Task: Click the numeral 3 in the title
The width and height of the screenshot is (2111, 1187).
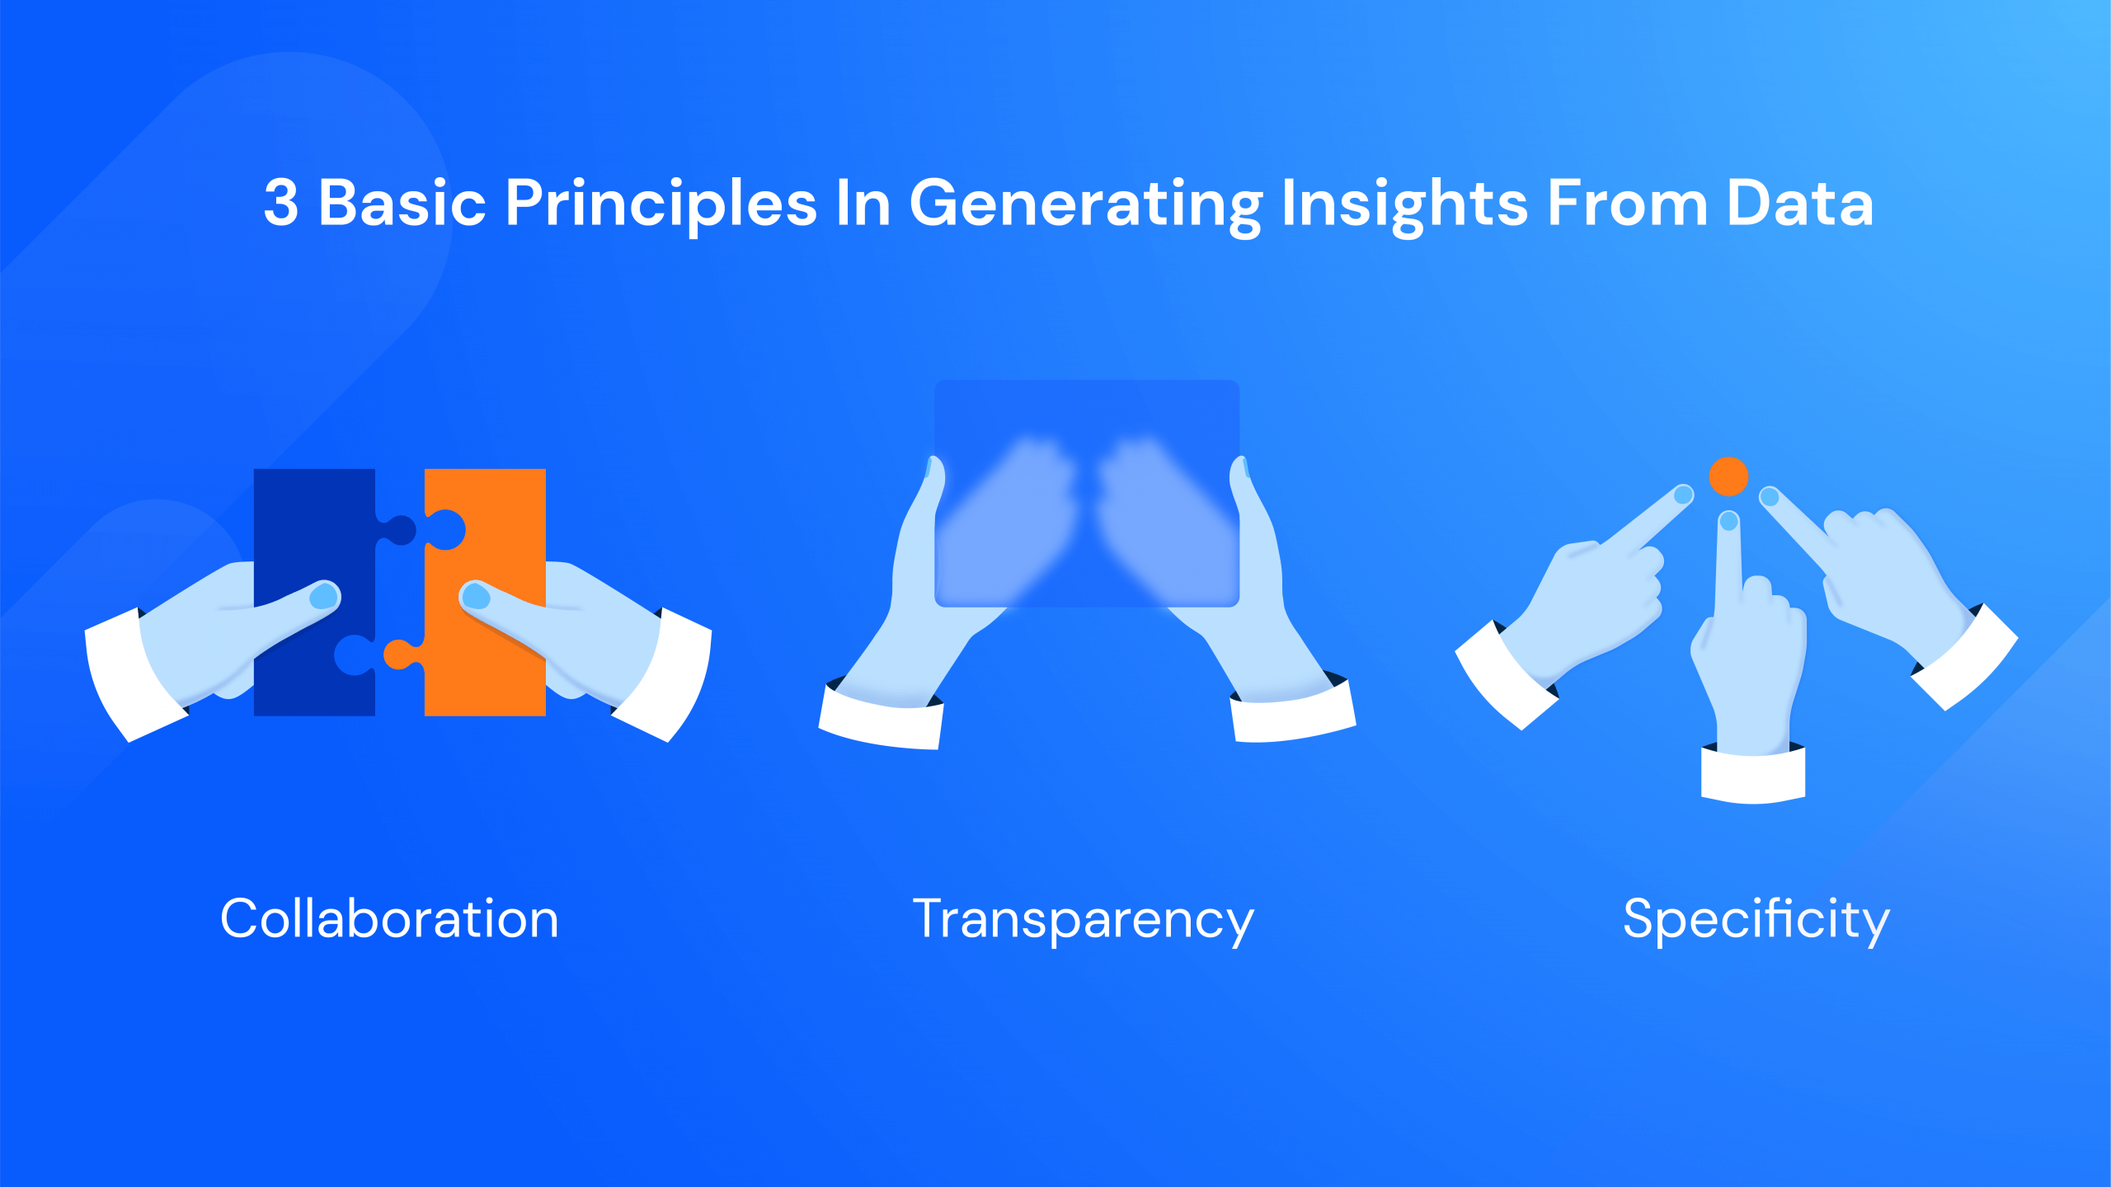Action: click(x=281, y=204)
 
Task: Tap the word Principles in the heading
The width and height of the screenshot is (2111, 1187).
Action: click(x=660, y=204)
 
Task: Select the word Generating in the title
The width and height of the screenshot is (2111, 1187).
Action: click(x=1085, y=204)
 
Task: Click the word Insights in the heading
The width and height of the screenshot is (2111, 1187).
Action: click(x=1404, y=204)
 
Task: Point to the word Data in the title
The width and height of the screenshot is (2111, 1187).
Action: click(x=1799, y=204)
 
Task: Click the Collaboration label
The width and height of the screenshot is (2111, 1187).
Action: click(x=389, y=918)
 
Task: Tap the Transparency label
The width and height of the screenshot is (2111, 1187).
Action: click(x=1083, y=920)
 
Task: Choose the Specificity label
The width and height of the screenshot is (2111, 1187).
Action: click(x=1756, y=920)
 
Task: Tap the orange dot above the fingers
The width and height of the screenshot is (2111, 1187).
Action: click(x=1728, y=476)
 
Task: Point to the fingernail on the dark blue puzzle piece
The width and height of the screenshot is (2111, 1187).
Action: click(x=324, y=595)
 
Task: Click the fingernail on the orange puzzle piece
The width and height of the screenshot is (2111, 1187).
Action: click(x=476, y=596)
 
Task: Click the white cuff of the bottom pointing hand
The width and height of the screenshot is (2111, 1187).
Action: click(x=1753, y=775)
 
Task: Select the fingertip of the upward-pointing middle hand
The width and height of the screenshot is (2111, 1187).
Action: click(x=1729, y=521)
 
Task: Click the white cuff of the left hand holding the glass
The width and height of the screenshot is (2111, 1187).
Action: click(x=881, y=721)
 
